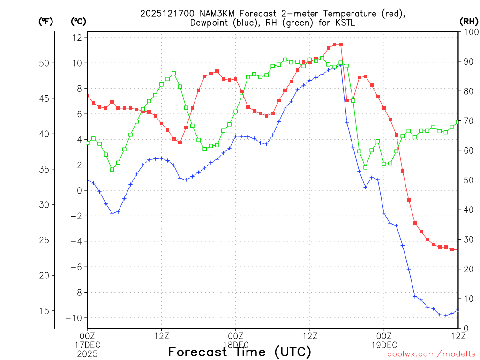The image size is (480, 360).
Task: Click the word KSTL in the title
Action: (348, 23)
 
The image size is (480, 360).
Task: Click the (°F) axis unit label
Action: (46, 21)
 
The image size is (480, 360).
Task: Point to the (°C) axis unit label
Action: (79, 21)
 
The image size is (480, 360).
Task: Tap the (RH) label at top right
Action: (468, 21)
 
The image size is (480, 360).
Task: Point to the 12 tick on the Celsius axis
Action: (77, 37)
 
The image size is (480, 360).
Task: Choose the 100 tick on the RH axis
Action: (469, 32)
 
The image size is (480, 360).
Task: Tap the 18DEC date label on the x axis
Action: (235, 345)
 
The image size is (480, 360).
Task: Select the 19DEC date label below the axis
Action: (384, 345)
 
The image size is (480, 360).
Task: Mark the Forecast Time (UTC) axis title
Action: (240, 352)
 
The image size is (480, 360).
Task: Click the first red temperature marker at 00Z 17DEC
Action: (87, 95)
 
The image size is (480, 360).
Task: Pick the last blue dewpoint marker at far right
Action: (458, 310)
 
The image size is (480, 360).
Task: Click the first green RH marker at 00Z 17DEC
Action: (87, 142)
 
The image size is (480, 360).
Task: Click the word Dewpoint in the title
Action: (210, 23)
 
